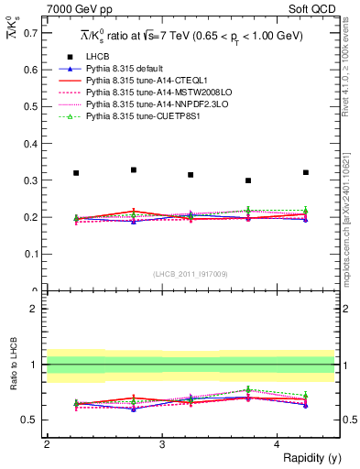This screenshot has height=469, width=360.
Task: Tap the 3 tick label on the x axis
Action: [x=162, y=444]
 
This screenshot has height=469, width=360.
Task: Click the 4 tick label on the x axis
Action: [x=278, y=444]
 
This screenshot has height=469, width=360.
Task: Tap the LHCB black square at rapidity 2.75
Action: [x=134, y=169]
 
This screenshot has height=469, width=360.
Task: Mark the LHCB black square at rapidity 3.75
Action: [x=248, y=180]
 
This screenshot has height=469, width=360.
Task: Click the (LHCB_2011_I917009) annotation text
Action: [x=191, y=274]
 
